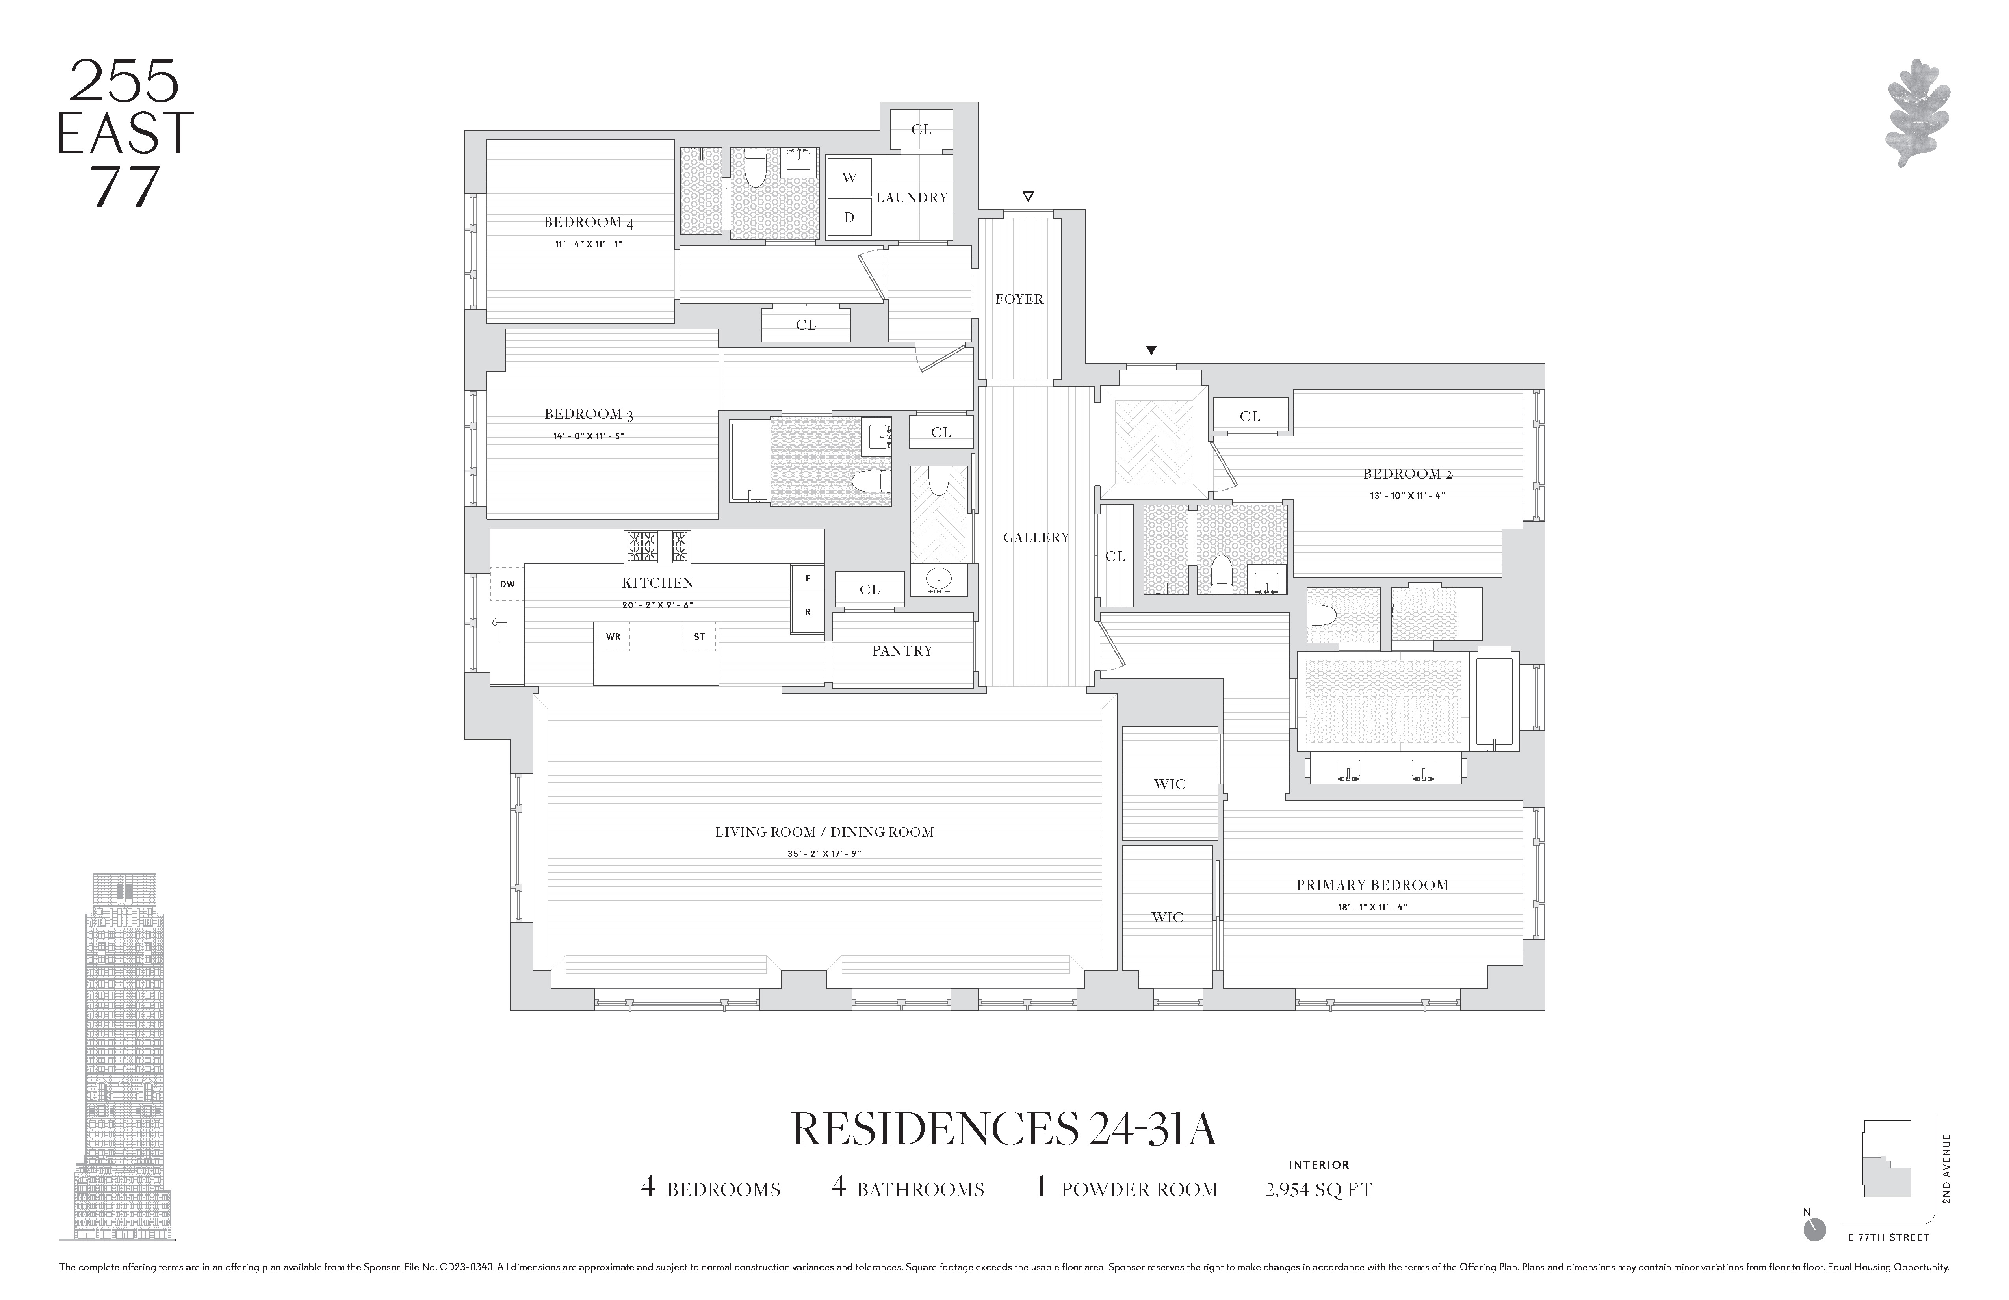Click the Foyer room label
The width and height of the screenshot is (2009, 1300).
[x=1019, y=299]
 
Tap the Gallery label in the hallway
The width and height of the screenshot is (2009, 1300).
[x=1036, y=537]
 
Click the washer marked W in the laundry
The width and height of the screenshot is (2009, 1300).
[x=849, y=177]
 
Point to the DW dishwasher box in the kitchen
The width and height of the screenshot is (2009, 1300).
[x=507, y=584]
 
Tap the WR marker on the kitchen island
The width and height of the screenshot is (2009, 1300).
[x=613, y=637]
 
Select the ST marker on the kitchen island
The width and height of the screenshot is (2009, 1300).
[x=699, y=637]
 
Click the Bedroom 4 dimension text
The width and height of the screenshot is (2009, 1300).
[x=589, y=244]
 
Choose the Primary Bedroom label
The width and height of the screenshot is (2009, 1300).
[x=1372, y=885]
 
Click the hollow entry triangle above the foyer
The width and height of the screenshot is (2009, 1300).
[x=1027, y=197]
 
